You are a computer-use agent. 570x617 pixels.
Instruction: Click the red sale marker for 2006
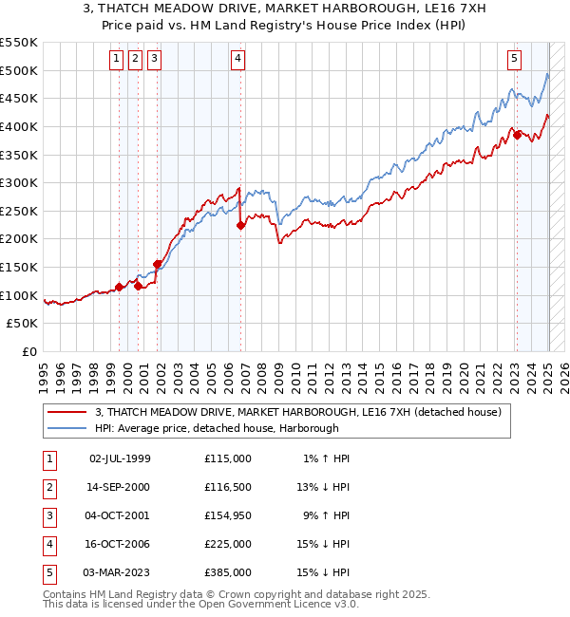click(240, 225)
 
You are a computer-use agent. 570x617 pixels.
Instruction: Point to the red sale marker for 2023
click(517, 135)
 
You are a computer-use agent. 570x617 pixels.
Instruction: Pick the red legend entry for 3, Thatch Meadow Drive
click(304, 412)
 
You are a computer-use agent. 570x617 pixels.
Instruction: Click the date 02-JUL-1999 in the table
click(120, 458)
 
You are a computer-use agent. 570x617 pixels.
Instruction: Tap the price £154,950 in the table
click(228, 515)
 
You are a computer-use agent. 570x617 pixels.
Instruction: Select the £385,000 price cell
click(228, 572)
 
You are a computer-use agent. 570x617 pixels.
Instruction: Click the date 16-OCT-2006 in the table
click(120, 544)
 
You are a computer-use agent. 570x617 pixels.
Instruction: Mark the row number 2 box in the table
click(48, 487)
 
